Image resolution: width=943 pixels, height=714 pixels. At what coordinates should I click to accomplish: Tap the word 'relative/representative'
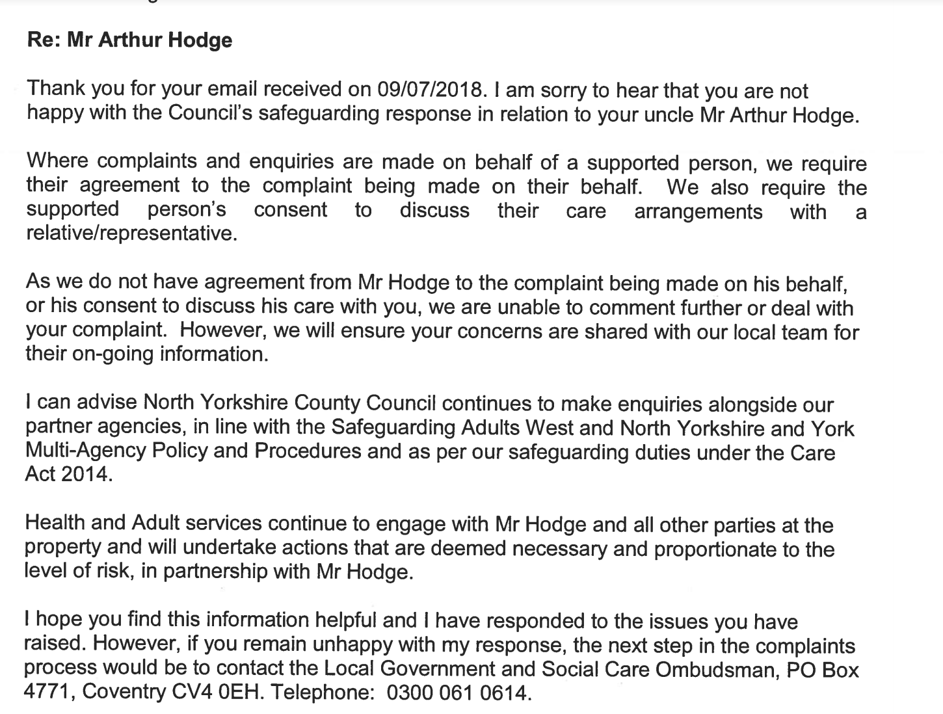(129, 233)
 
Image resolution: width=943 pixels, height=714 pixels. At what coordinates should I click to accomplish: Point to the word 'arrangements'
(698, 211)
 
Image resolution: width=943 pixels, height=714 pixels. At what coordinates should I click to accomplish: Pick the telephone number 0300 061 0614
(458, 693)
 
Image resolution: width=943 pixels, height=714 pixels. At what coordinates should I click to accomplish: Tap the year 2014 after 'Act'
(86, 475)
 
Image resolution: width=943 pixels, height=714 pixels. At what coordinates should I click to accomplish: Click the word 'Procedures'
(308, 451)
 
